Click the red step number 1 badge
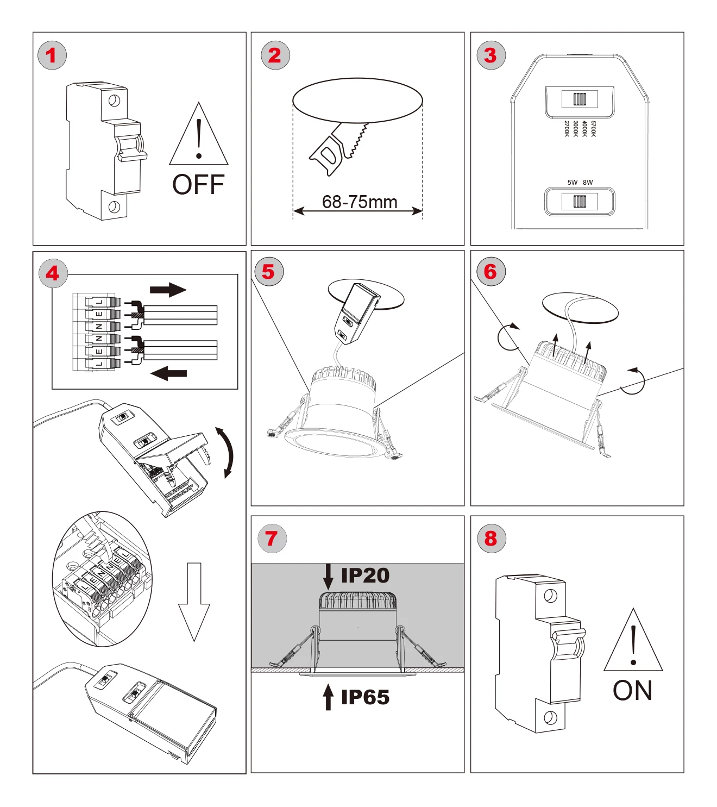coord(52,55)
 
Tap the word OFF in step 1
coord(198,185)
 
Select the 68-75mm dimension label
coord(360,202)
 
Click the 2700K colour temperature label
coord(567,129)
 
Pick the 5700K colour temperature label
coord(593,129)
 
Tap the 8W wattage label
coord(588,183)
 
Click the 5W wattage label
coord(572,183)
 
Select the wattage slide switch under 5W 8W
coord(580,202)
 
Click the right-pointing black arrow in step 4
coord(168,290)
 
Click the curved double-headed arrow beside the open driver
coord(227,452)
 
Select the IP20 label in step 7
coord(365,575)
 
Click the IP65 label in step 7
coord(365,697)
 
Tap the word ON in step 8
coord(632,691)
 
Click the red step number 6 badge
coord(491,272)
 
